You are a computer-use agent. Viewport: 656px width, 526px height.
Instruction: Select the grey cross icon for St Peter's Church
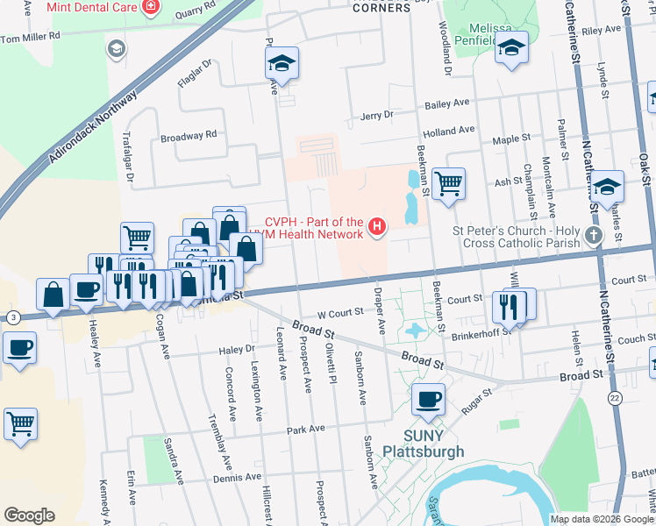[594, 235]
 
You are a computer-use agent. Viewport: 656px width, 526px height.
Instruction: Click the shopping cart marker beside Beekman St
[448, 184]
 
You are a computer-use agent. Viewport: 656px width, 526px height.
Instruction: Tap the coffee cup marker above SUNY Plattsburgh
[428, 400]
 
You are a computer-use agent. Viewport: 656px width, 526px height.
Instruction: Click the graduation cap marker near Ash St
[607, 186]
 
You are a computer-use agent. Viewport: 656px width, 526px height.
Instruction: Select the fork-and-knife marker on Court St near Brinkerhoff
[509, 305]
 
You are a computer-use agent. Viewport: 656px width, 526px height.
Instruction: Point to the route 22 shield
[615, 398]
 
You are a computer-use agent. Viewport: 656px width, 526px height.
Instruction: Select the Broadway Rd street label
[188, 136]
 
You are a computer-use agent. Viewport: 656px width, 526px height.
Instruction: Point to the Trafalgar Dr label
[129, 154]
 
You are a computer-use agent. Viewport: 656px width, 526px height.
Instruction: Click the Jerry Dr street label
[376, 115]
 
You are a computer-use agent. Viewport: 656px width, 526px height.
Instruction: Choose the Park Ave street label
[305, 429]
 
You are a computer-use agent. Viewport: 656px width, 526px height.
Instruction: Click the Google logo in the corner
[30, 515]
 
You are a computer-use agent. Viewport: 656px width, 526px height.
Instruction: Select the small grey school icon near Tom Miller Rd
[115, 48]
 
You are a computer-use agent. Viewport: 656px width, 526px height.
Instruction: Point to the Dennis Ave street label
[239, 478]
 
